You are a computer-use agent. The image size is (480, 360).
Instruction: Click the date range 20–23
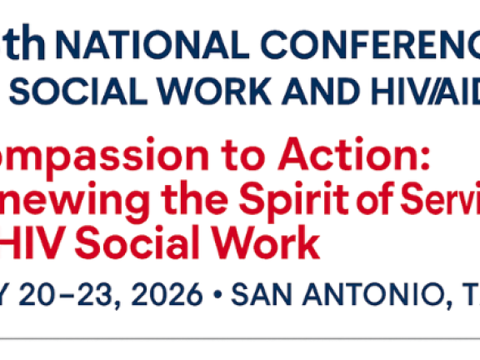62,294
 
